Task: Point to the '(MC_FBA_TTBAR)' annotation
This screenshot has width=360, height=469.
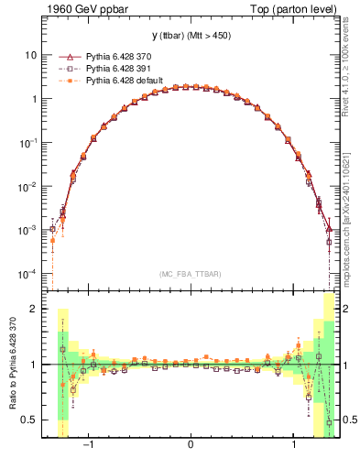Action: [x=190, y=274]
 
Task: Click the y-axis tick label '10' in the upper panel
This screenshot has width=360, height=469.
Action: [x=30, y=55]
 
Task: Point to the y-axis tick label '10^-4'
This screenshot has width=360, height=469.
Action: [x=28, y=274]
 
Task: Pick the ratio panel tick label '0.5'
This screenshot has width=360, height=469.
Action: [x=29, y=420]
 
